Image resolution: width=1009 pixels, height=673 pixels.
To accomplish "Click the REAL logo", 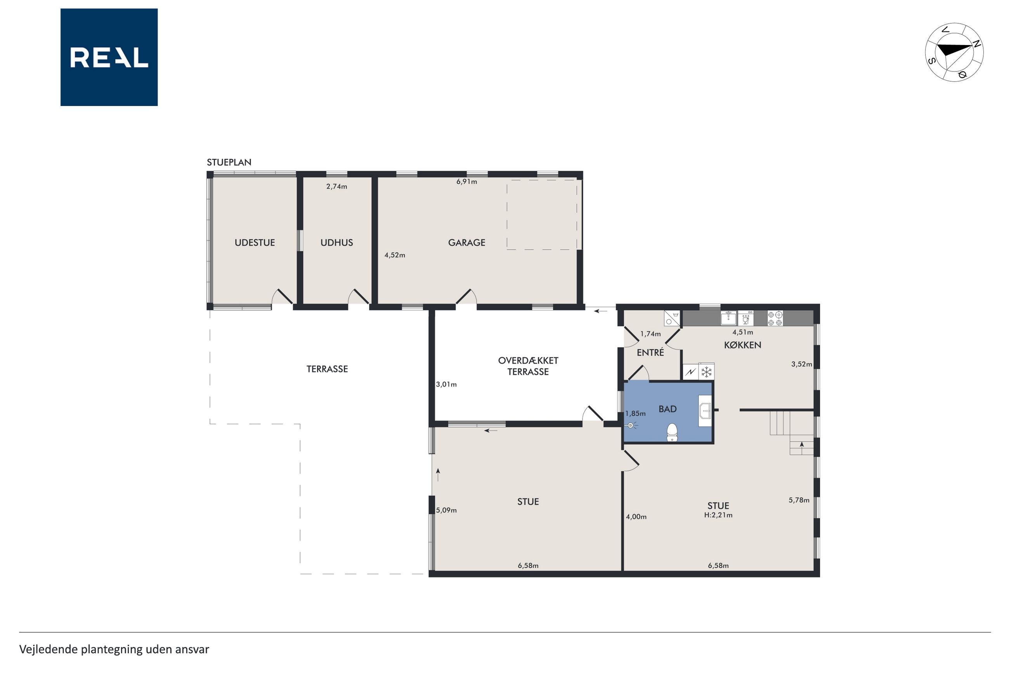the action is point(109,57).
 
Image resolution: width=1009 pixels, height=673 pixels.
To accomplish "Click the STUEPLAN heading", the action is point(229,162).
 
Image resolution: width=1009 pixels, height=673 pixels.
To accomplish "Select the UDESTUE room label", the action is point(255,242).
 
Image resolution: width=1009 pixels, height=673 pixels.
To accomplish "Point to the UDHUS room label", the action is point(336,242).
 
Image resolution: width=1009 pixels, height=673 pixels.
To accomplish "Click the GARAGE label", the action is point(466,242).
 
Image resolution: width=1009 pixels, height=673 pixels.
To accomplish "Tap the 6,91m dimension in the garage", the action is point(466,182).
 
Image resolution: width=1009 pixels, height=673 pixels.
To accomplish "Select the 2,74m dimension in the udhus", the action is point(336,187).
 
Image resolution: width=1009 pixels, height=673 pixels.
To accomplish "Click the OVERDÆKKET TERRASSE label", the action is point(528,366).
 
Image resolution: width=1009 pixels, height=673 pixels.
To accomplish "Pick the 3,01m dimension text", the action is point(446,384).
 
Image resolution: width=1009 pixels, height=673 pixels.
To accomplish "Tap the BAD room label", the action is point(667,409).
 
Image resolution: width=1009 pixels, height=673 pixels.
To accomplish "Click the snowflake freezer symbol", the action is point(706,372).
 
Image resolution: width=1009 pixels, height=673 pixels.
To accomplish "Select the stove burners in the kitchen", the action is point(775,318).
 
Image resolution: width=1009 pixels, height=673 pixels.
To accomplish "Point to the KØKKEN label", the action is point(743,345).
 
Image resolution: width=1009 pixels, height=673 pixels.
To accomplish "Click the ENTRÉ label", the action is point(650,353).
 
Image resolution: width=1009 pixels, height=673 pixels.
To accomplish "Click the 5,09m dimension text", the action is point(446,510).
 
